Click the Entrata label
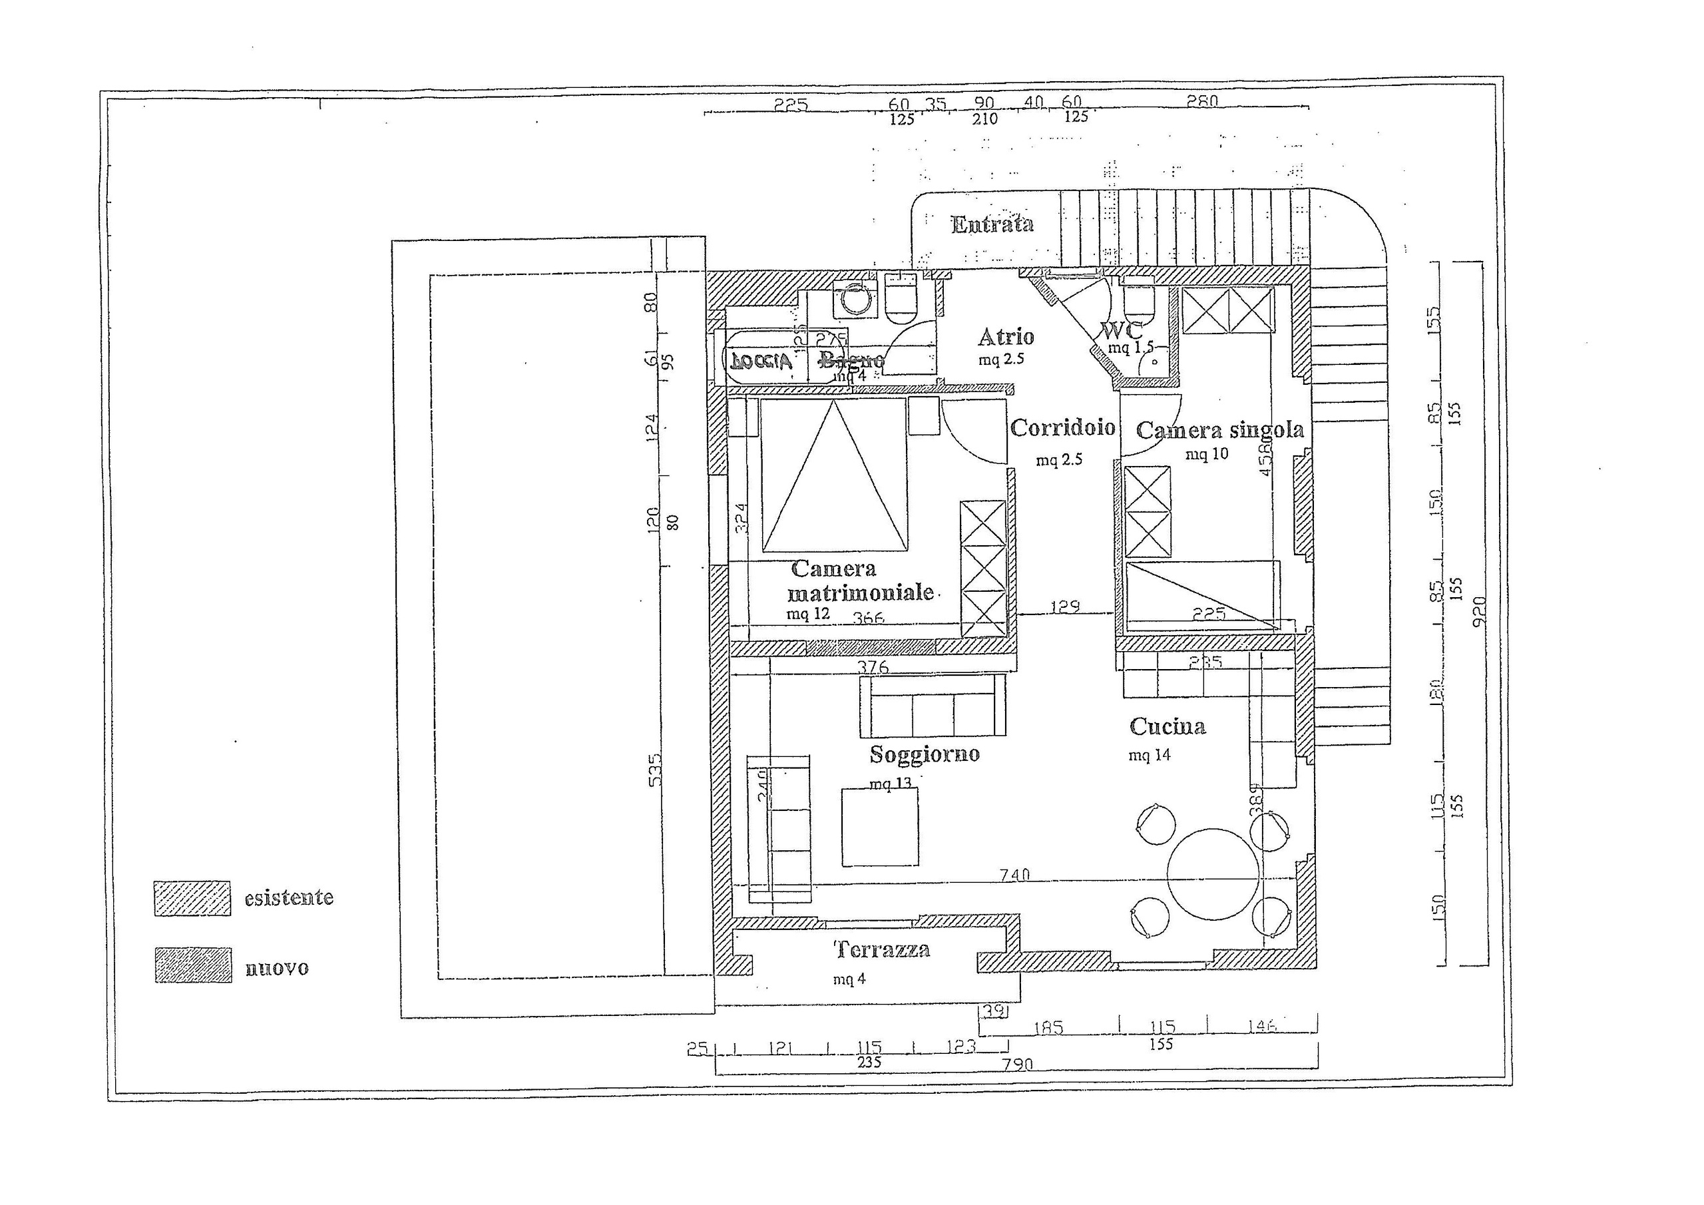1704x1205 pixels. tap(992, 224)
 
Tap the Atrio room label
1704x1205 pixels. tap(1006, 337)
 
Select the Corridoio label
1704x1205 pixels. tap(1062, 427)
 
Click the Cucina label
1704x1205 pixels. tap(1167, 726)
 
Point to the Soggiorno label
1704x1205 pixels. tap(924, 754)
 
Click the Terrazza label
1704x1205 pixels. tap(882, 949)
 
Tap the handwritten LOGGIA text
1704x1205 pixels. tap(761, 362)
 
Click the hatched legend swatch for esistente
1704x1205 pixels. tap(192, 898)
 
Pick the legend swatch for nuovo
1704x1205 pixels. tap(193, 966)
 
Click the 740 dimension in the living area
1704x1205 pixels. tap(1014, 875)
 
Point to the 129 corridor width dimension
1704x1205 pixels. tap(1064, 607)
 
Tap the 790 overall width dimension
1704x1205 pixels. tap(1017, 1065)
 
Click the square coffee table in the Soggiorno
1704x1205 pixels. tap(879, 826)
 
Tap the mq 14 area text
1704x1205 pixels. tap(1149, 756)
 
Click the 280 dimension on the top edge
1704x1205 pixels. tap(1201, 103)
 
